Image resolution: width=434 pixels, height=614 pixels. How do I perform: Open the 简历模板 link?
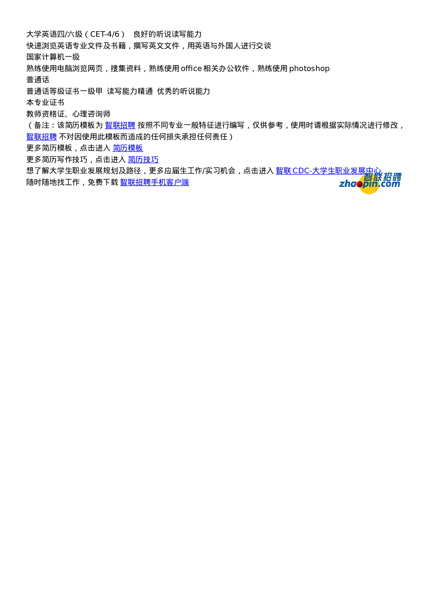point(128,148)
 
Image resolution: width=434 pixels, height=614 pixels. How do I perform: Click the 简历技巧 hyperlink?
point(143,160)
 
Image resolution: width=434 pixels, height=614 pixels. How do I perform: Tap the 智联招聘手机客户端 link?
point(154,182)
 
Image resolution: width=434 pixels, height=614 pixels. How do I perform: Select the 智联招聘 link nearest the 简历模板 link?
point(120,125)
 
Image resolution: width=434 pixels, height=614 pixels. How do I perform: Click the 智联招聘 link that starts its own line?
point(42,137)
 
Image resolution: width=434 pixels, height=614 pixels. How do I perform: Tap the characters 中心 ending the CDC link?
point(373,171)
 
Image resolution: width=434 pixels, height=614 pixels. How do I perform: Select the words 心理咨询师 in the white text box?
point(91,114)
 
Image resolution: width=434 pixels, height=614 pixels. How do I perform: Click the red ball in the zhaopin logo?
point(359,184)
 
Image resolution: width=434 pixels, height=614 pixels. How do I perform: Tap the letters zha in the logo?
point(347,184)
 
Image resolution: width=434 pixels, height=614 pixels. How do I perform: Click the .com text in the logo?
point(390,184)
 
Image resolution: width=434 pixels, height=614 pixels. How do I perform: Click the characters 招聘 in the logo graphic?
point(392,177)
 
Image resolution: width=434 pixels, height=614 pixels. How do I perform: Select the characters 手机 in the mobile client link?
point(158,182)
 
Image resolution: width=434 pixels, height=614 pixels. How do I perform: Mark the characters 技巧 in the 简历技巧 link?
point(151,160)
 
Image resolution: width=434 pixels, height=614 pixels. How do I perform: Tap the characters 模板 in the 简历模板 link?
point(135,148)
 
